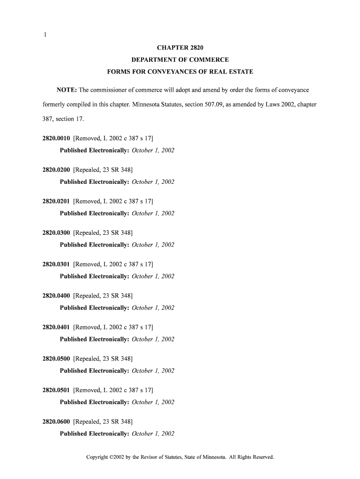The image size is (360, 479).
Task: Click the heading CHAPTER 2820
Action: point(180,48)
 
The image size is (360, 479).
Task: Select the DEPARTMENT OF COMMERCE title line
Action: point(180,60)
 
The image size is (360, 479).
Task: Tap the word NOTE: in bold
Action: point(66,90)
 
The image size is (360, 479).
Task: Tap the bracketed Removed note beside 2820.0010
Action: point(113,138)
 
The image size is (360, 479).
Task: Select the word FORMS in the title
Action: point(119,72)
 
